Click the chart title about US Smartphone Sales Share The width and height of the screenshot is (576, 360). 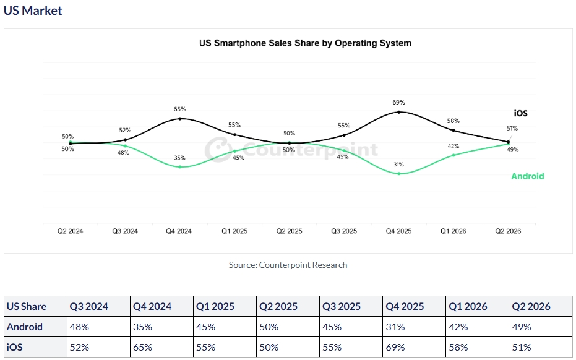tap(305, 43)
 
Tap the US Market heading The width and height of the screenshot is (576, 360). tap(33, 11)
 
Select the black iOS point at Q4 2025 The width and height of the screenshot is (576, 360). tap(399, 112)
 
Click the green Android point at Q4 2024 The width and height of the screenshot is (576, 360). tap(180, 167)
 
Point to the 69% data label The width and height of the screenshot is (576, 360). tap(398, 102)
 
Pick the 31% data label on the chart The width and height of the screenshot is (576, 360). tap(398, 165)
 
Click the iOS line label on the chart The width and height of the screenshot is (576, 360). tap(520, 113)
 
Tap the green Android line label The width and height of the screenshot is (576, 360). tap(528, 176)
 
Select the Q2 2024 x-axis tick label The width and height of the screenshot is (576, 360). tap(70, 231)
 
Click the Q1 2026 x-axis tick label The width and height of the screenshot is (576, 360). tap(453, 231)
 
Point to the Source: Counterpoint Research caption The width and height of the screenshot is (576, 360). tap(288, 265)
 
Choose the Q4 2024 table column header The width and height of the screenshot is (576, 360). tap(152, 306)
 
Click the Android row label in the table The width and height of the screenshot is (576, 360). tap(25, 327)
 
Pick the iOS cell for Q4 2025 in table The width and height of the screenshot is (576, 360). tap(395, 347)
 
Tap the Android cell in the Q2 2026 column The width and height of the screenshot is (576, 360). tap(522, 327)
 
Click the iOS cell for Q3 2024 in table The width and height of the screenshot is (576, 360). tap(79, 347)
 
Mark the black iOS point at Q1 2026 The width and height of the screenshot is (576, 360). tap(453, 131)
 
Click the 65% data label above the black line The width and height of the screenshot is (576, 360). tap(179, 109)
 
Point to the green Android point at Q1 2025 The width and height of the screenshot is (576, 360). tap(234, 151)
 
